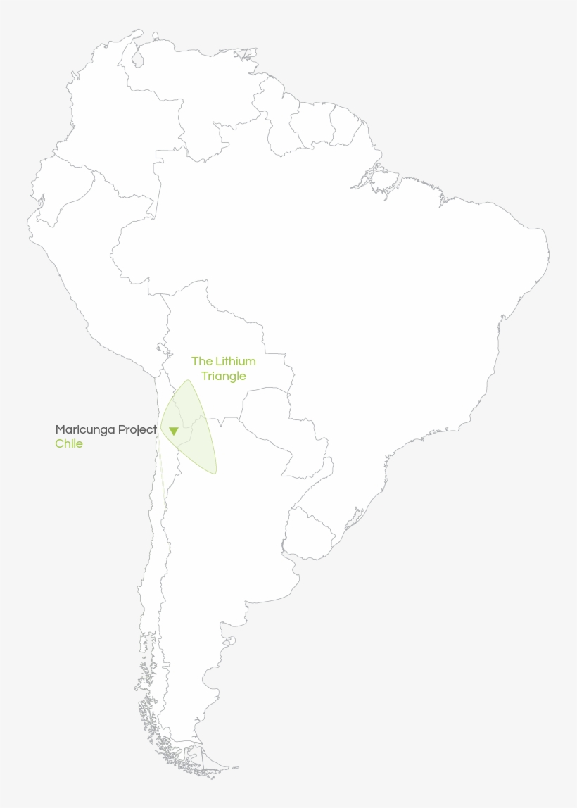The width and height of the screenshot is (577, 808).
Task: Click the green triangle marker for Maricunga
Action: click(173, 431)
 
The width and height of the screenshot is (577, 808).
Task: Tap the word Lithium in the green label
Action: click(235, 361)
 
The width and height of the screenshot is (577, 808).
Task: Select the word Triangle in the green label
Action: click(224, 377)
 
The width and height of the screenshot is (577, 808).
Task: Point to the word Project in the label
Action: click(137, 429)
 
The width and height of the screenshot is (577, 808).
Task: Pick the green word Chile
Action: click(69, 443)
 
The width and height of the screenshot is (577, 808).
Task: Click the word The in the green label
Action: click(201, 361)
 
